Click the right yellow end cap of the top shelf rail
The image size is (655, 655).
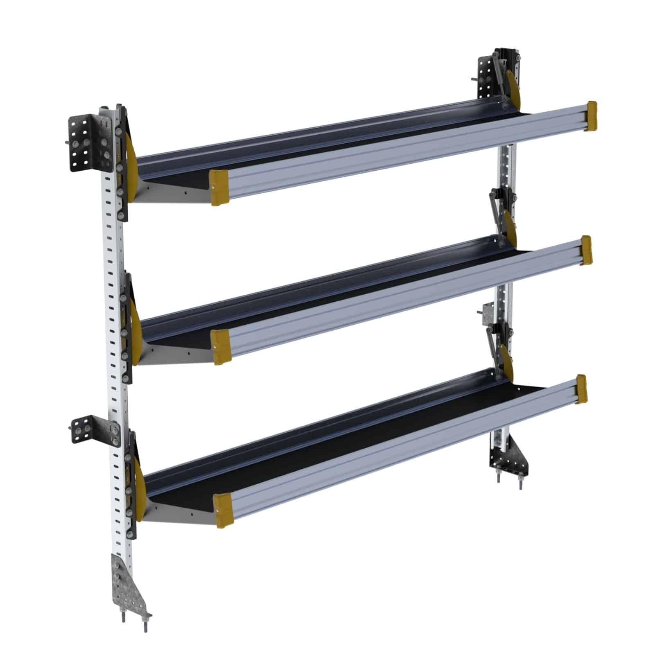pos(592,115)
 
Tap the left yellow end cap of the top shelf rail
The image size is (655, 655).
pos(219,187)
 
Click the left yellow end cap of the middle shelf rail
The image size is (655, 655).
pos(221,346)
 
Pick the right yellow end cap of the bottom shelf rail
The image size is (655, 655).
pos(581,389)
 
